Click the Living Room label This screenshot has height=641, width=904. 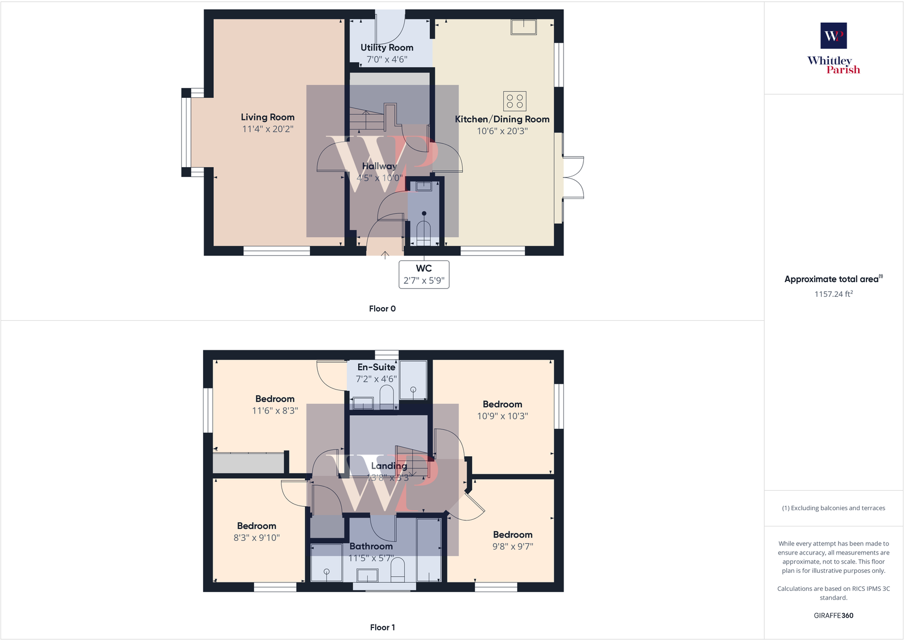[x=267, y=117]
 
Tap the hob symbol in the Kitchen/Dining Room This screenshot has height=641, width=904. [x=515, y=101]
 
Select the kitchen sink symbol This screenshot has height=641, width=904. [x=523, y=27]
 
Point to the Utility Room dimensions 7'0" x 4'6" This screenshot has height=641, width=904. [x=387, y=59]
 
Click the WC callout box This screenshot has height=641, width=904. [x=424, y=274]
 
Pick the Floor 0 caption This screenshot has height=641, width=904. [x=382, y=308]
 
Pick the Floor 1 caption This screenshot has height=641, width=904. [x=382, y=627]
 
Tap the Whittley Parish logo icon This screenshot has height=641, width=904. [x=833, y=36]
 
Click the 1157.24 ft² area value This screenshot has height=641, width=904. [x=833, y=294]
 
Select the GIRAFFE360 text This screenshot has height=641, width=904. [x=833, y=615]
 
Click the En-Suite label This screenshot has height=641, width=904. [x=376, y=367]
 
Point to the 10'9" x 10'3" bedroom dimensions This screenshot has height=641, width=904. [x=502, y=416]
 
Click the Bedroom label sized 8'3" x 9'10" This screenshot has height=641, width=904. [x=256, y=526]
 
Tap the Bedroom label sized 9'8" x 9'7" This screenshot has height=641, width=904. [x=512, y=535]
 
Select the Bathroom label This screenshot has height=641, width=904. [x=371, y=546]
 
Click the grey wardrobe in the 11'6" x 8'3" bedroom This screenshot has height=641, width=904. [x=248, y=463]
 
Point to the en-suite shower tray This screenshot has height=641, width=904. [x=413, y=380]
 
